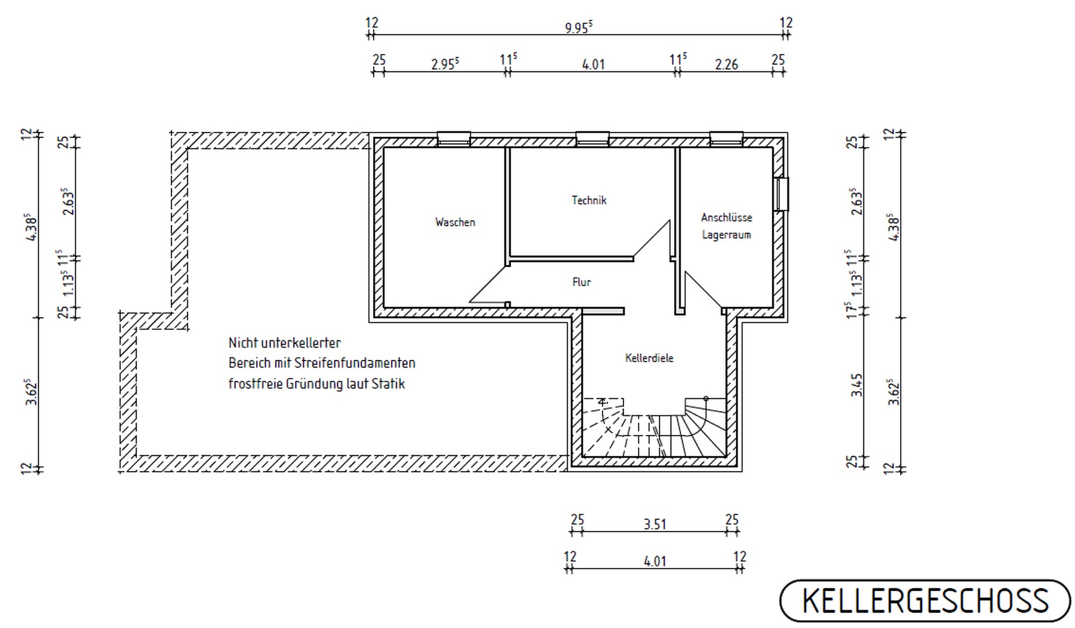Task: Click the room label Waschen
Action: pos(455,222)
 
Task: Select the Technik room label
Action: pos(589,200)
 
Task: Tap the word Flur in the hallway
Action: pos(581,282)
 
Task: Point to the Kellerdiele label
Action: pos(649,358)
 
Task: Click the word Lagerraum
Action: pos(726,235)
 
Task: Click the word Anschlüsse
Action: pos(726,217)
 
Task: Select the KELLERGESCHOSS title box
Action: pos(925,601)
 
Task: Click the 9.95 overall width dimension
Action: pos(578,27)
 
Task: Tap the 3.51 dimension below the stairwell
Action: pos(654,524)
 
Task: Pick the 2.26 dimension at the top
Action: pos(726,64)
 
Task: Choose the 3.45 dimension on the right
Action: pos(857,385)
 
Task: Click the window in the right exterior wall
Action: pos(781,194)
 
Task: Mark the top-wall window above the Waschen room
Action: pos(454,138)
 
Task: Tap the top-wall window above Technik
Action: pos(593,138)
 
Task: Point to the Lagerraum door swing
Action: pos(704,290)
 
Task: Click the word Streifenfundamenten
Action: pos(354,363)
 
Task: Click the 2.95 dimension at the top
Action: pos(445,64)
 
